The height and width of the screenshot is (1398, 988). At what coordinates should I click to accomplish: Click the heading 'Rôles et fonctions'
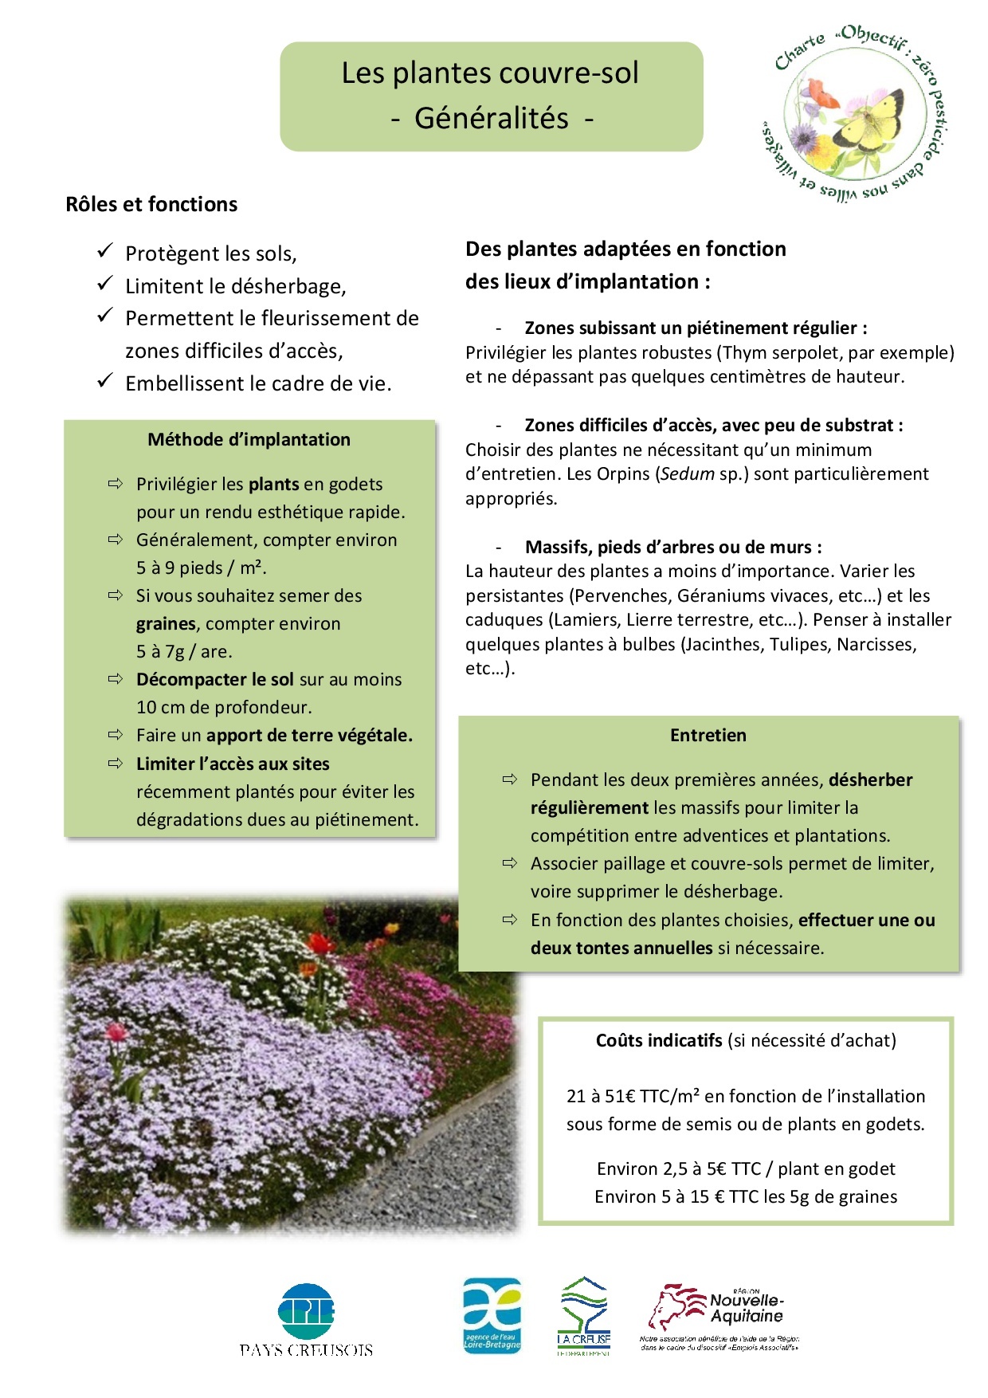click(151, 204)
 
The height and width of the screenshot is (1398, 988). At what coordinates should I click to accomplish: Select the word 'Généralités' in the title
click(491, 118)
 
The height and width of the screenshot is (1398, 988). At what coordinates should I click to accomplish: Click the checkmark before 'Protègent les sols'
click(104, 251)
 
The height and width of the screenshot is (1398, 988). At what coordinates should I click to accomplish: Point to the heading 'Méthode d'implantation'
click(249, 439)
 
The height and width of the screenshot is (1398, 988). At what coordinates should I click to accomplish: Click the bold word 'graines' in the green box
click(166, 623)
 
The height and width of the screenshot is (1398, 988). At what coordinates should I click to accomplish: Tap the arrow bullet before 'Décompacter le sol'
click(116, 679)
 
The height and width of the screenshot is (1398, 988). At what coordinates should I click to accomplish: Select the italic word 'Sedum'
click(687, 474)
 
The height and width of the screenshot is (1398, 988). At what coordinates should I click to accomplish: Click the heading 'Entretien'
click(708, 735)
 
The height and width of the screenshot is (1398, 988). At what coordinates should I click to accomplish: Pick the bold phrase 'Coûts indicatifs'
click(658, 1040)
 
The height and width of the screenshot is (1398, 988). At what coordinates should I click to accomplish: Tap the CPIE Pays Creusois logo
click(306, 1320)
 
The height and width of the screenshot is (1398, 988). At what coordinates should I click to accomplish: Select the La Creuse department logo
click(584, 1316)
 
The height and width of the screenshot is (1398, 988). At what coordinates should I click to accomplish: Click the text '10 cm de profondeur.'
click(224, 707)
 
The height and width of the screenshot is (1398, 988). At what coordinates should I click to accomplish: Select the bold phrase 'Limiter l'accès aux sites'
click(233, 764)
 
